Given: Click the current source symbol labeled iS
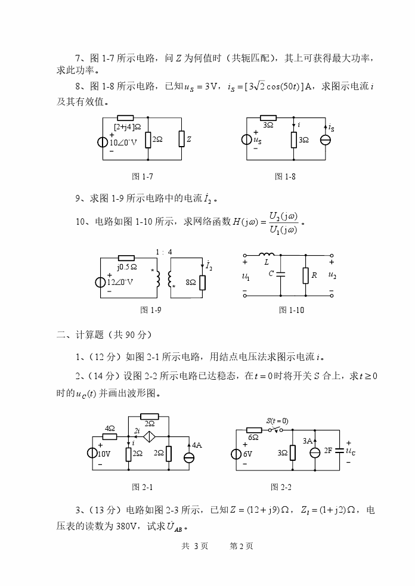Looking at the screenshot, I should point(326,140).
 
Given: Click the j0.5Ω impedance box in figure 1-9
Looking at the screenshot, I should point(126,258).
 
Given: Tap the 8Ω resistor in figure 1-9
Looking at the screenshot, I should point(202,281).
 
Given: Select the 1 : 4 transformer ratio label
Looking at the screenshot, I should point(163,252).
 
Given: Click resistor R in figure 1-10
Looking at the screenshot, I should point(305,275).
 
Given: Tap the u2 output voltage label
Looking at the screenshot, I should point(332,275).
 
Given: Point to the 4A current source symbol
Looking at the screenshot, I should point(189,457).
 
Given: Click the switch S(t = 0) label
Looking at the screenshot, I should point(277,421).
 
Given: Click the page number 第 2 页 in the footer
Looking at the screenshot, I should point(241,546).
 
